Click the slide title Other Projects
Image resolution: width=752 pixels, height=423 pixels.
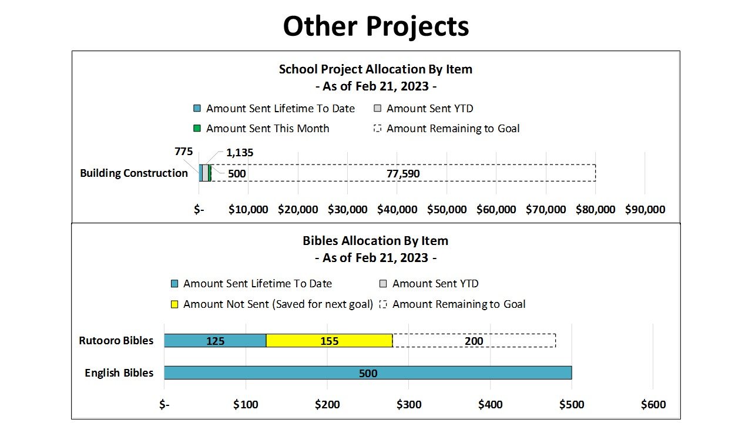click(376, 26)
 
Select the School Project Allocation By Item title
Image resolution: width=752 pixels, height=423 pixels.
click(375, 69)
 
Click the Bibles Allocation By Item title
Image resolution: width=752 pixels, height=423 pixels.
click(375, 241)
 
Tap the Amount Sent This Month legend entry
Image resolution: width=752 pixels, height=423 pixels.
click(261, 129)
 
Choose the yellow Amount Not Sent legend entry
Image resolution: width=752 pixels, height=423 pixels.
click(272, 304)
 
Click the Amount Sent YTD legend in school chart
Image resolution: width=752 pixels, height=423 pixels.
click(424, 109)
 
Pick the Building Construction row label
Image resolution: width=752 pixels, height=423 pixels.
click(134, 173)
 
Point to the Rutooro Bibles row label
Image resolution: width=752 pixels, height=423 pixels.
click(116, 341)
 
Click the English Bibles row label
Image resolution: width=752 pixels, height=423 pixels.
click(119, 373)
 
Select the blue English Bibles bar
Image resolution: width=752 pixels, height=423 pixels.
click(368, 373)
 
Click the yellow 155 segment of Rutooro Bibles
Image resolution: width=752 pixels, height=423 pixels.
click(329, 341)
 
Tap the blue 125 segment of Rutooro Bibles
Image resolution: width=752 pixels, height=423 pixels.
click(215, 341)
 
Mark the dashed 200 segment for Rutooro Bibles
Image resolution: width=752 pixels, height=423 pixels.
click(474, 341)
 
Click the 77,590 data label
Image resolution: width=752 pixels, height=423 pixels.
click(403, 174)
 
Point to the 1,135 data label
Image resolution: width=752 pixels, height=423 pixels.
click(240, 153)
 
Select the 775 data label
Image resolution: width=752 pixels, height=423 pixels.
click(183, 152)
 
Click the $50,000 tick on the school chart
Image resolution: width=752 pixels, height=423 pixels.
click(447, 210)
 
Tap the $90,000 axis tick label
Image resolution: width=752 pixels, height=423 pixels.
click(645, 210)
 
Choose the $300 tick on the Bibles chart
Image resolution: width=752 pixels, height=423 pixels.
click(409, 405)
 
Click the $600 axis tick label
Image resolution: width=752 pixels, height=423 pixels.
click(653, 405)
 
